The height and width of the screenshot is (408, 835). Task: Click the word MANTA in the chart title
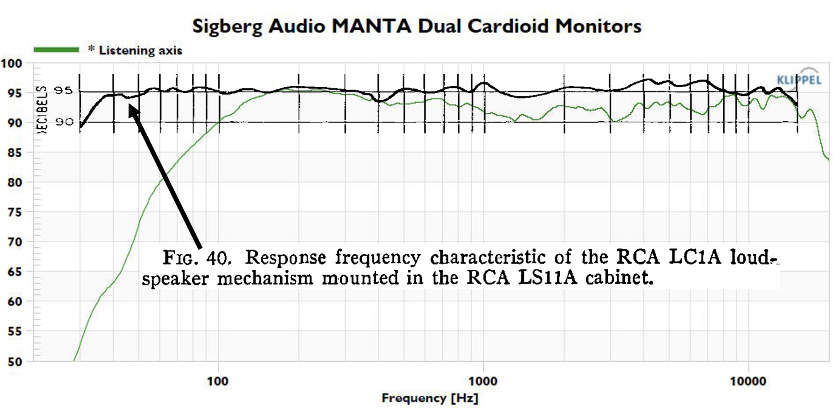pos(371,26)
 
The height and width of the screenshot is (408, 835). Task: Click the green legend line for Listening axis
pos(56,50)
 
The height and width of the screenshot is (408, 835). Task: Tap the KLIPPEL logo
pos(799,80)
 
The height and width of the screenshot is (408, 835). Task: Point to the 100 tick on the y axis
pos(12,63)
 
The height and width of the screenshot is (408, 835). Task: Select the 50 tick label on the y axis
pos(14,362)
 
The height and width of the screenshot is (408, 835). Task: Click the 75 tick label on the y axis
pos(14,212)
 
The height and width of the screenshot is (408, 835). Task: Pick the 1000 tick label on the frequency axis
pos(483,381)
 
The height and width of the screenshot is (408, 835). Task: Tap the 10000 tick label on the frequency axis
pos(748,381)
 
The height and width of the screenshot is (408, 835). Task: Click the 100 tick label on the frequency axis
pos(218,381)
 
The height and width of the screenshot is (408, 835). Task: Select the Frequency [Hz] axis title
pos(430,398)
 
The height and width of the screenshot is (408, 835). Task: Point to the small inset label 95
pos(63,90)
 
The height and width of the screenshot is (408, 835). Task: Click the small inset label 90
pos(64,122)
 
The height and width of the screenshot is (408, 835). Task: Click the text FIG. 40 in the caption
pos(197,257)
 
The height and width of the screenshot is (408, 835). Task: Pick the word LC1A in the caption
pos(695,257)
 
